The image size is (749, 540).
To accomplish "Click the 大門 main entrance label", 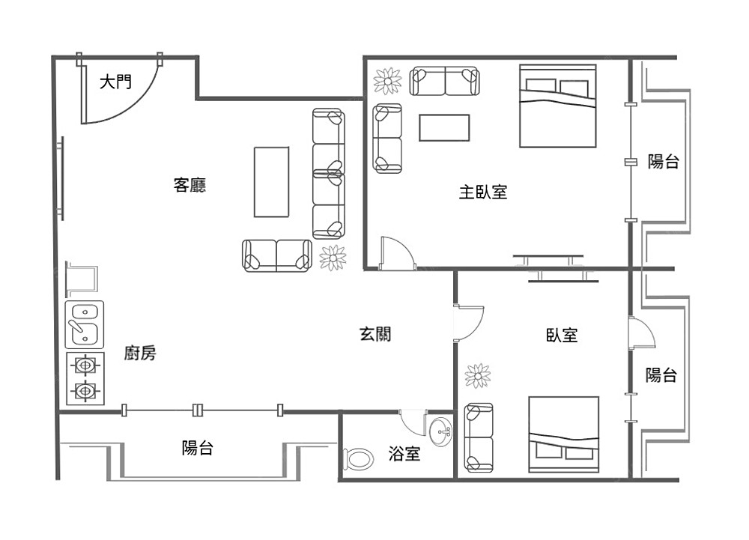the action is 115,82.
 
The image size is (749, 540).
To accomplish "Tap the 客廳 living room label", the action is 189,185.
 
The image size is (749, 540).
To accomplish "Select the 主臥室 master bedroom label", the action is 483,192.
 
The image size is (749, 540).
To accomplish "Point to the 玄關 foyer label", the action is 375,334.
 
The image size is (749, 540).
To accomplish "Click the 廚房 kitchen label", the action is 140,353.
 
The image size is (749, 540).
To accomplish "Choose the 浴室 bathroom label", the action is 404,453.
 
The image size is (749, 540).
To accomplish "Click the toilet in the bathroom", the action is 358,459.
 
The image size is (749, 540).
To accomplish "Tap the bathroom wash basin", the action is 440,432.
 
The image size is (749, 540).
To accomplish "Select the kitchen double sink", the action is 85,324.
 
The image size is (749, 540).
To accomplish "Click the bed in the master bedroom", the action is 558,106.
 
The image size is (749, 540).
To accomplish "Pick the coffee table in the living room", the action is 271,182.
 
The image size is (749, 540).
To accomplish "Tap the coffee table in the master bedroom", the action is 444,127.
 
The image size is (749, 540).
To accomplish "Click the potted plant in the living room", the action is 333,258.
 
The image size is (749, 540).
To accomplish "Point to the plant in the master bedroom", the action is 387,81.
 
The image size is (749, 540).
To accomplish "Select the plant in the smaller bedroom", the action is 478,376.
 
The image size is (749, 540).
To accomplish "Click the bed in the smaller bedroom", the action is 564,434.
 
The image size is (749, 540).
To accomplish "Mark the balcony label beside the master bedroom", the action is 664,161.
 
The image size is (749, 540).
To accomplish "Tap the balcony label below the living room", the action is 197,448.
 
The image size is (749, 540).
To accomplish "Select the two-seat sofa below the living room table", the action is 277,256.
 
